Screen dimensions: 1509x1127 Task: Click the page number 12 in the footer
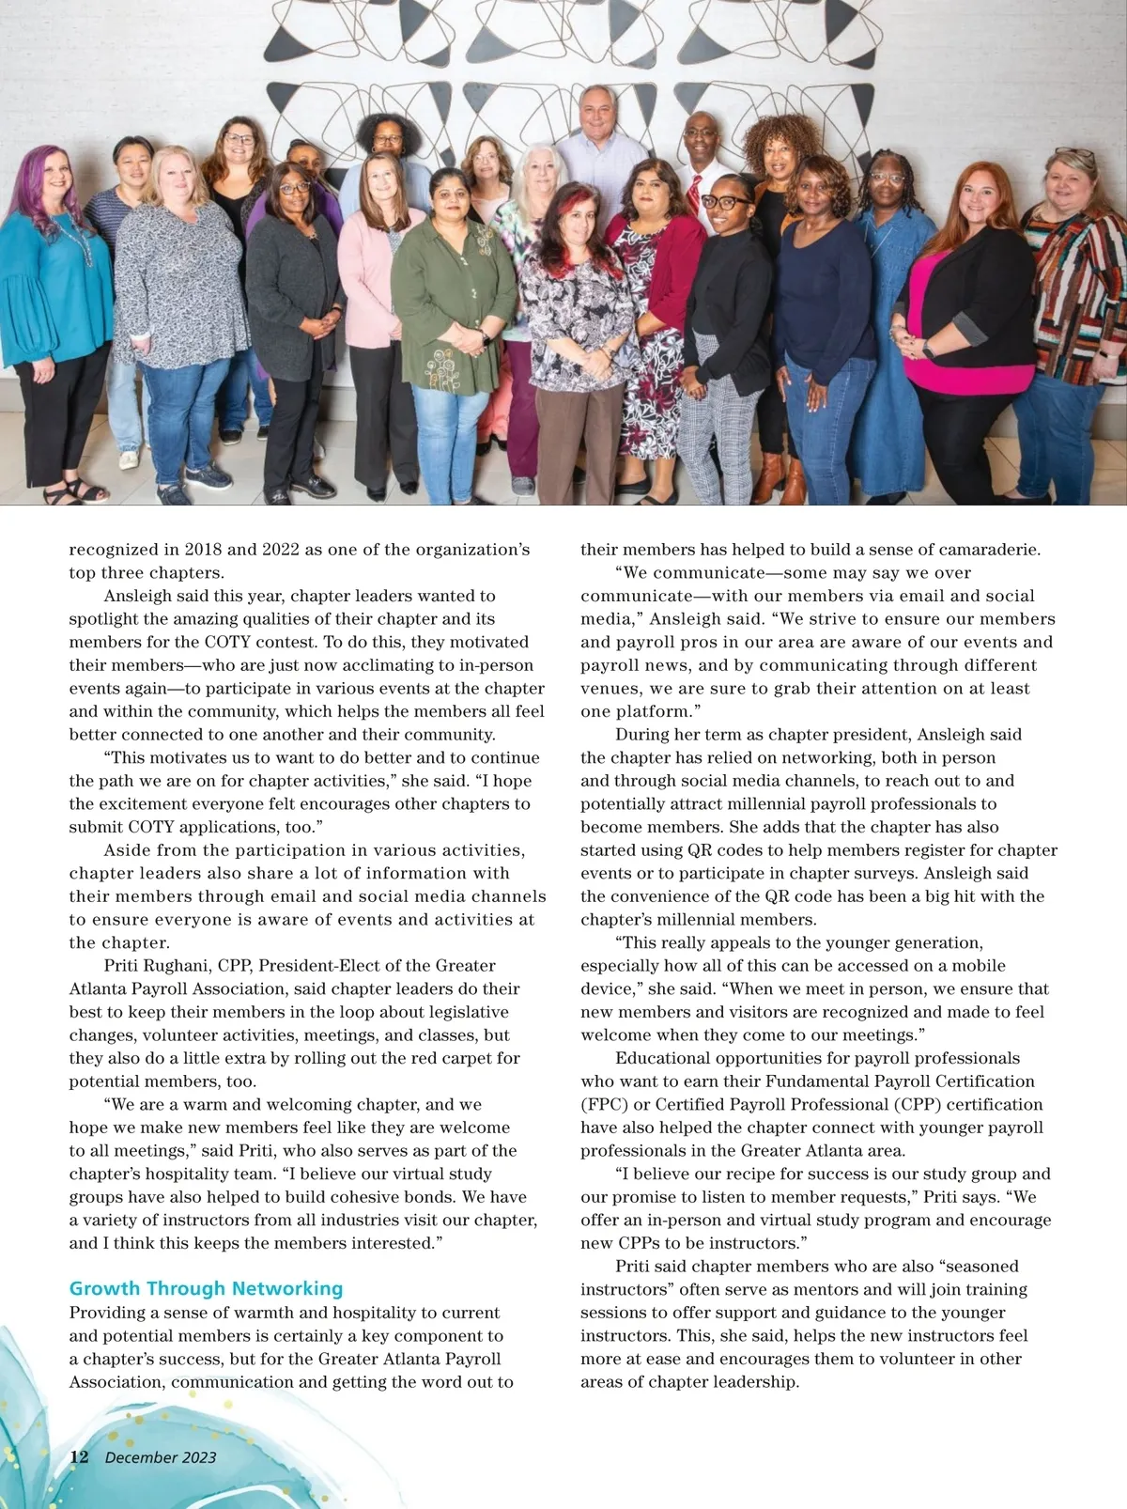point(79,1456)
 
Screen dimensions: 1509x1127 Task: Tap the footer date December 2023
point(161,1457)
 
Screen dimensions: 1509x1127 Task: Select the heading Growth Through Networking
point(206,1288)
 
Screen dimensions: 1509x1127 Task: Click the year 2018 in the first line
point(203,550)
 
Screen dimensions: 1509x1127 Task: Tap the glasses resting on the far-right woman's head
point(1073,153)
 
